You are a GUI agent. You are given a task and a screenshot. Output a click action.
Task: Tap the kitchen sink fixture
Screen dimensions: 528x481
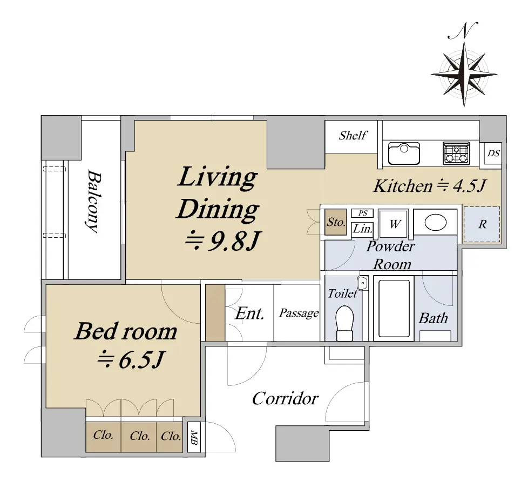click(404, 153)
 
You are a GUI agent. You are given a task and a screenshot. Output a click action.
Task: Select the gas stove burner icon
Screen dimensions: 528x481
click(456, 153)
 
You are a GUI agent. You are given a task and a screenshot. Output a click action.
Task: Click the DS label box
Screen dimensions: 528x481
click(493, 153)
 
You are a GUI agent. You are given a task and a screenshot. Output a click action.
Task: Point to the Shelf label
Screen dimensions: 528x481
click(353, 136)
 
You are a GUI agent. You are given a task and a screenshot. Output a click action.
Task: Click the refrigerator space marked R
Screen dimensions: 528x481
click(482, 224)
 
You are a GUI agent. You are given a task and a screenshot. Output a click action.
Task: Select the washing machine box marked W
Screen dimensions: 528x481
click(394, 224)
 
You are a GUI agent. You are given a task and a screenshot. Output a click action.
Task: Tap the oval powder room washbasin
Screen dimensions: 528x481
click(435, 223)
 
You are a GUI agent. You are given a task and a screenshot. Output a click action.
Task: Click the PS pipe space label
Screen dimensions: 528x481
click(362, 213)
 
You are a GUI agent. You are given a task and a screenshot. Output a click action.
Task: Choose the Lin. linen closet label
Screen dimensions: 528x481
click(362, 229)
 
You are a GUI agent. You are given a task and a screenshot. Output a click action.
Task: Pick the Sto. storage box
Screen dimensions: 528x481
click(336, 222)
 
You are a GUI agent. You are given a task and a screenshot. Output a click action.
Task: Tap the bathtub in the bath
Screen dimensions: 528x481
click(394, 309)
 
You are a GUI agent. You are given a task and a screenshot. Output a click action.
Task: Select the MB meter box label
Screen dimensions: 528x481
click(194, 437)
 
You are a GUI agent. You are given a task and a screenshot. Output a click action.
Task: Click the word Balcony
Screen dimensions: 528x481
click(94, 201)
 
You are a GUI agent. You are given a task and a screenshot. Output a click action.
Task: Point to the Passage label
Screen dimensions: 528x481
click(299, 313)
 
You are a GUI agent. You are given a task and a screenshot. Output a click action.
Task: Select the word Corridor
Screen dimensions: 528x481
click(285, 398)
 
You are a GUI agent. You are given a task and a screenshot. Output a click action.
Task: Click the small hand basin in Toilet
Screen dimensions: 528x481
click(362, 283)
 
